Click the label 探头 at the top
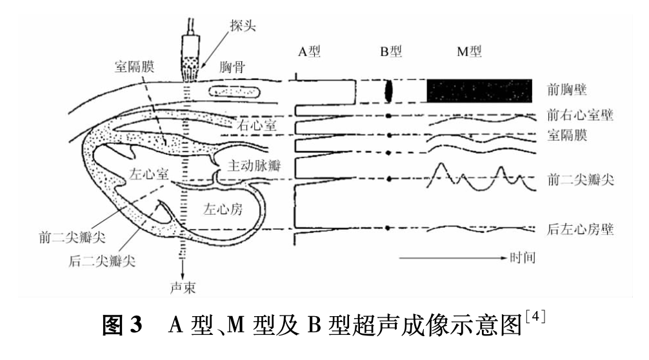(x=243, y=25)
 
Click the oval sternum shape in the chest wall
(x=234, y=91)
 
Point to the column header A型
(x=309, y=52)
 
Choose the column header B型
(x=391, y=52)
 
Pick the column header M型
(x=469, y=52)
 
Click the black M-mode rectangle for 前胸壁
(x=479, y=90)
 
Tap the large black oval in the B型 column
(x=388, y=91)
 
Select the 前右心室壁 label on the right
(x=580, y=115)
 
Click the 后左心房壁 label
(x=580, y=229)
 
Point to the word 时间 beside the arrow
(x=523, y=258)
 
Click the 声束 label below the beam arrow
(x=183, y=288)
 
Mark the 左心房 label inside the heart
(x=223, y=209)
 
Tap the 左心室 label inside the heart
(x=148, y=174)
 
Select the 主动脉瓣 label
(x=254, y=166)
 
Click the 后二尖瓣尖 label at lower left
(x=102, y=261)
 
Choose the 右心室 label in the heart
(x=257, y=125)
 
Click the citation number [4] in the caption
(x=535, y=317)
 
